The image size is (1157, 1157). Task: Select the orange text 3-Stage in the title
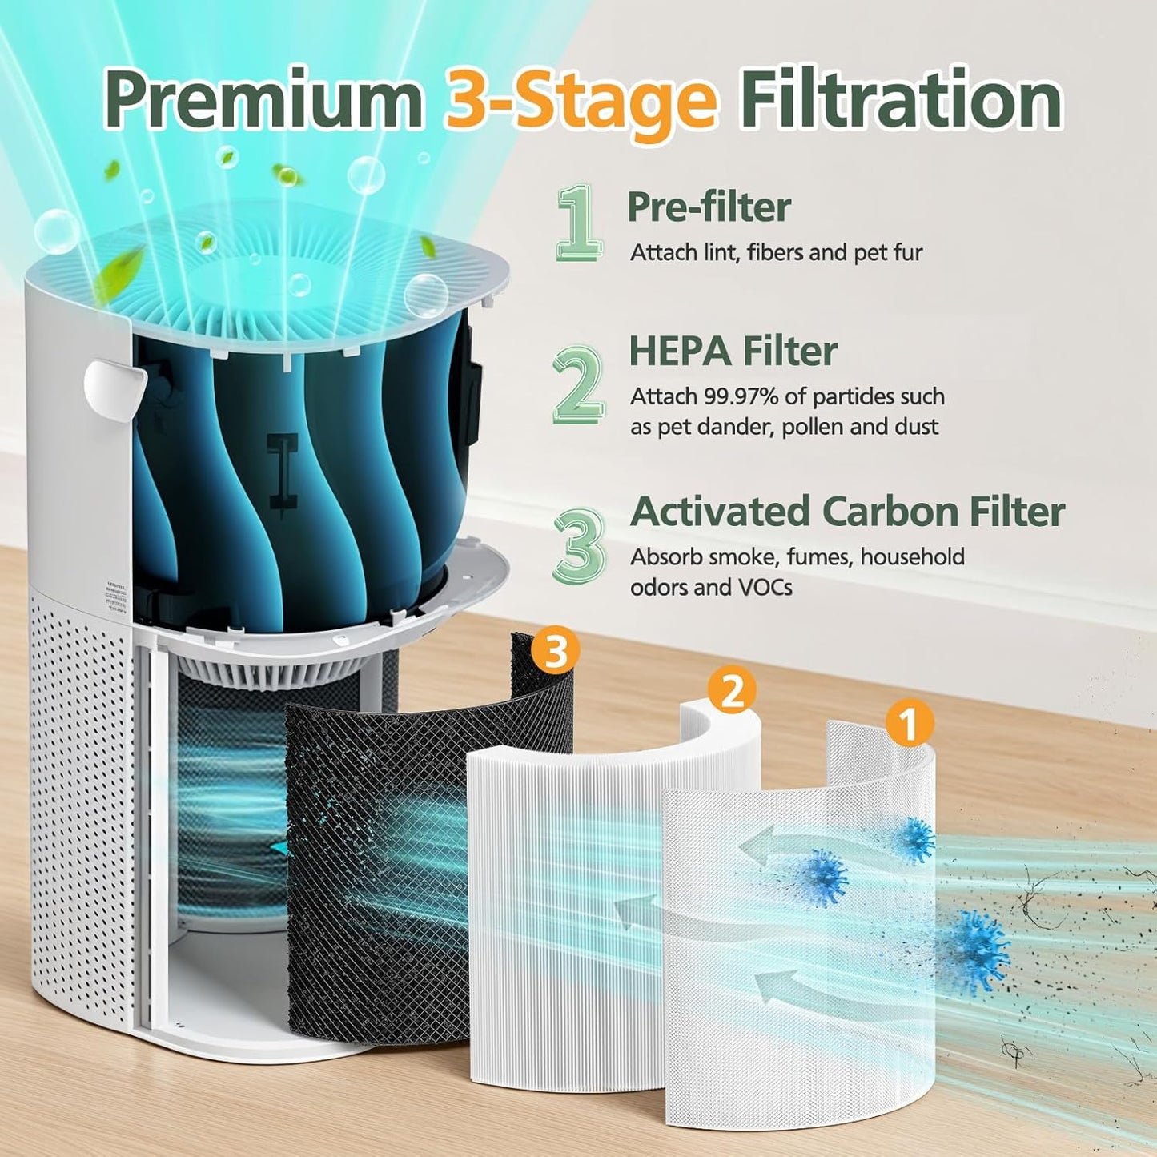(581, 101)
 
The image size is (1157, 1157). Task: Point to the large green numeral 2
(578, 385)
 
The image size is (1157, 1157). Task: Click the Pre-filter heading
(709, 207)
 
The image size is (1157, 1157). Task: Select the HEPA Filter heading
(733, 351)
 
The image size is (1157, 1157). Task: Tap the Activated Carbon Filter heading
(847, 511)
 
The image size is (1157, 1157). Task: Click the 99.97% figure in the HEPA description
(741, 396)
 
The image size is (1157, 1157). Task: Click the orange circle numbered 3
(556, 650)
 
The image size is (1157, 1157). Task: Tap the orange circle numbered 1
(909, 724)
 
